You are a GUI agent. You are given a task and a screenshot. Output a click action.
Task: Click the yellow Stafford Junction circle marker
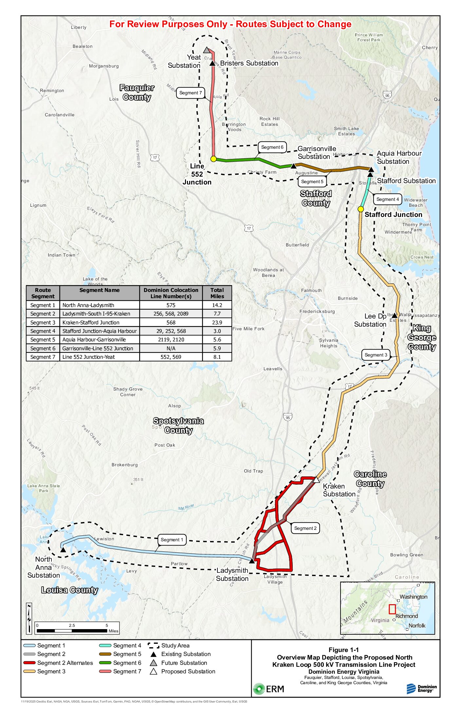click(360, 209)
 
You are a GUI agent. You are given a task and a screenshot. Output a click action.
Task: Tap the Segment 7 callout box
click(191, 93)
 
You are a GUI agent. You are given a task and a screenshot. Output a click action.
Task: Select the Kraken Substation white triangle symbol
click(316, 480)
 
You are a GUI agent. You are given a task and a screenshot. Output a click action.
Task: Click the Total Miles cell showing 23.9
click(217, 322)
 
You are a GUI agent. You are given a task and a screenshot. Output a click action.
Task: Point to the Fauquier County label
click(137, 92)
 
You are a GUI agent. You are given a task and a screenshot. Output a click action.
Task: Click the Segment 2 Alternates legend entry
click(58, 663)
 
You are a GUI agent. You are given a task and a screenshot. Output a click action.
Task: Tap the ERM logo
click(268, 689)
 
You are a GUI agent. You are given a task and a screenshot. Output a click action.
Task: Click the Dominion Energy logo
click(421, 688)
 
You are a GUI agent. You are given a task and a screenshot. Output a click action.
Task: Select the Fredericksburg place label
click(317, 311)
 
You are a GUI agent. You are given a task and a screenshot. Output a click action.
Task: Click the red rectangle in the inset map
click(392, 609)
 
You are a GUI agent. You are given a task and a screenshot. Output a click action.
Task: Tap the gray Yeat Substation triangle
click(207, 50)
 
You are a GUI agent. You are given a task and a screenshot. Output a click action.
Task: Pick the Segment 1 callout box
click(172, 540)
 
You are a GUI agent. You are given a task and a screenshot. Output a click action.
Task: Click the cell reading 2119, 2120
click(171, 340)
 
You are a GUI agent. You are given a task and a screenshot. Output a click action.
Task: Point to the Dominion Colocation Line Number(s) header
click(171, 293)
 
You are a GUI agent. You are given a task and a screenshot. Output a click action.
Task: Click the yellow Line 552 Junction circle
click(213, 159)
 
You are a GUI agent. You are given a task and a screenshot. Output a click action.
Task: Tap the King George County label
click(422, 337)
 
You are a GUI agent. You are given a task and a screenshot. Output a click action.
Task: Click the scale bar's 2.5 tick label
click(72, 625)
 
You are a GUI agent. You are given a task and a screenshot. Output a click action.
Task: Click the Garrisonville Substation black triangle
click(294, 166)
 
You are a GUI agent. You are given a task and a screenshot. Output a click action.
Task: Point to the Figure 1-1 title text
click(343, 650)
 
